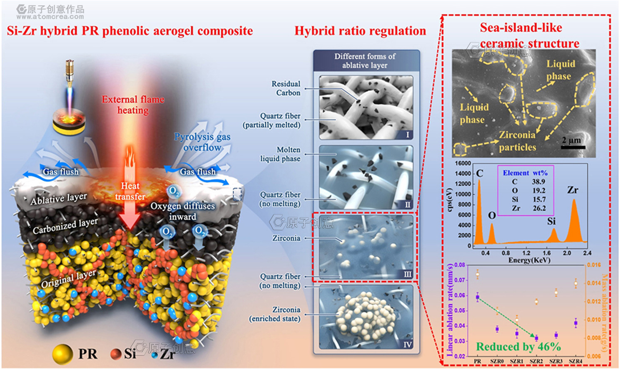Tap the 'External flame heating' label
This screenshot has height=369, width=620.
(133, 105)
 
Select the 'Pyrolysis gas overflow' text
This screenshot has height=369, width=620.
(202, 142)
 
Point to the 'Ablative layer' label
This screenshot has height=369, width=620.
(59, 199)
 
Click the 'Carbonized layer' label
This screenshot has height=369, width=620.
(65, 225)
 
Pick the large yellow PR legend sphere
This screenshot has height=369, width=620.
(62, 354)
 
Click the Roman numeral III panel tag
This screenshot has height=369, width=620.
(407, 274)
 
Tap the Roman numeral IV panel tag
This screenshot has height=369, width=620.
(407, 344)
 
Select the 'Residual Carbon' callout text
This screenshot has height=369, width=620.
(286, 88)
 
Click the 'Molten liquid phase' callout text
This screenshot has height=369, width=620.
(280, 154)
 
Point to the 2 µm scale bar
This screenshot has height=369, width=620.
(573, 147)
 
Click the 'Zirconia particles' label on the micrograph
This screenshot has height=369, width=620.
(517, 141)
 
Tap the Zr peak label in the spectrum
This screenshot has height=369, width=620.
(573, 190)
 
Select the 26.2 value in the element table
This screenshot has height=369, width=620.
(539, 208)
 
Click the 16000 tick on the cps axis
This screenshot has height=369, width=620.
(463, 163)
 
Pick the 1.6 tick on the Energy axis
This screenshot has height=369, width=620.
(547, 253)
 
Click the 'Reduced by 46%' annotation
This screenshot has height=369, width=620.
(518, 347)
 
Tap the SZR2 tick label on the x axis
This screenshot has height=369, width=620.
(536, 361)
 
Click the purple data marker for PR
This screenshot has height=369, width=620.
(478, 297)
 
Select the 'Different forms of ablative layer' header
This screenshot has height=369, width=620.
(365, 61)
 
